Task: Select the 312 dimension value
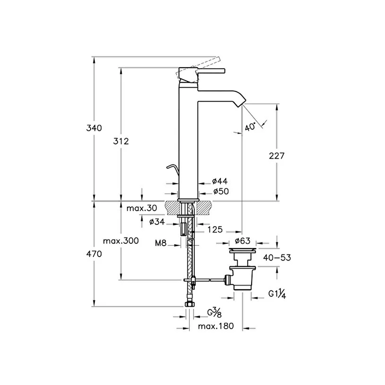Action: coord(121,141)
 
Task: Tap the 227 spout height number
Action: coord(276,156)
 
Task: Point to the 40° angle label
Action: coord(251,126)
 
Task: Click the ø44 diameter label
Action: coord(220,181)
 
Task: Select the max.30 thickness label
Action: coord(142,208)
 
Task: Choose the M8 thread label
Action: coord(161,243)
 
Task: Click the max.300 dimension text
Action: coord(121,241)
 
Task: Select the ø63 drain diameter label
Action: coord(242,241)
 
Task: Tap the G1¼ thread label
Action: coord(278,294)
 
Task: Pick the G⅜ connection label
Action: coord(214,312)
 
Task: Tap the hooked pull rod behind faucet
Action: coord(171,168)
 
